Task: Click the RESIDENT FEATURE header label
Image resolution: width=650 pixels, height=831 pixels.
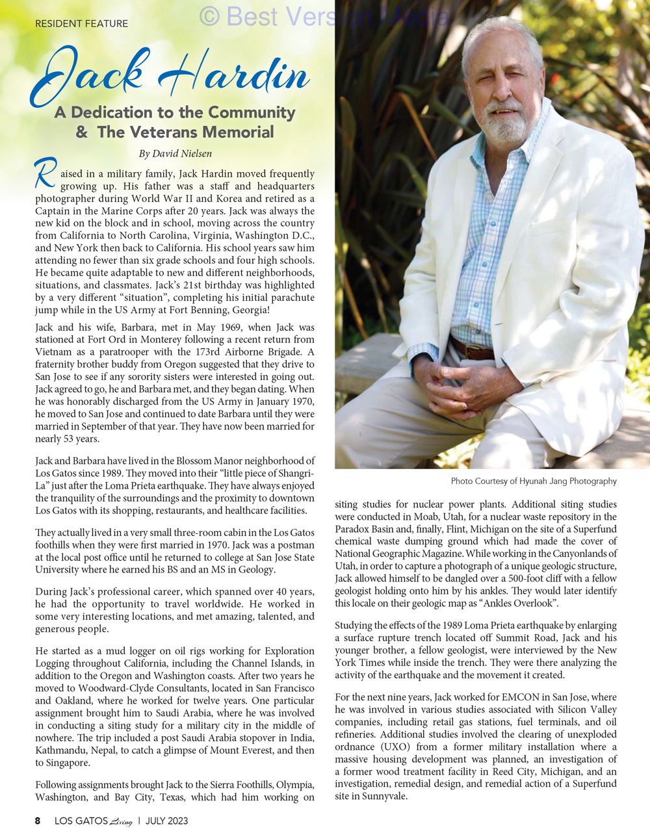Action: [x=81, y=23]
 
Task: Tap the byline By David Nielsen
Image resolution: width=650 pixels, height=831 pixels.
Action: [x=175, y=154]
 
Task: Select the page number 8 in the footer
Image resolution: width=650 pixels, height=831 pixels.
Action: [x=38, y=821]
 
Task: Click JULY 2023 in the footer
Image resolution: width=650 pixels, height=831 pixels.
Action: [x=166, y=821]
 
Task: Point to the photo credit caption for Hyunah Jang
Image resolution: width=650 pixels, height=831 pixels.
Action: [x=533, y=481]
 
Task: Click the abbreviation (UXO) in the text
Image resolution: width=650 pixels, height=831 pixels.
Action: [x=390, y=747]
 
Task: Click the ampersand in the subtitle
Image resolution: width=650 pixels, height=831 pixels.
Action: [x=82, y=133]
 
